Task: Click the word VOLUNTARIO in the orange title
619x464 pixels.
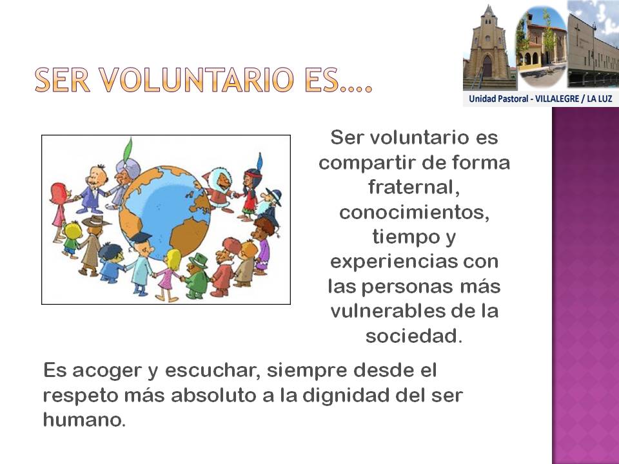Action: point(196,80)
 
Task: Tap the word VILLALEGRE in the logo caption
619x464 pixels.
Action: point(556,99)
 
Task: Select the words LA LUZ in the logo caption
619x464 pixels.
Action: point(600,99)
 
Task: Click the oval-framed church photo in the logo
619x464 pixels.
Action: point(541,46)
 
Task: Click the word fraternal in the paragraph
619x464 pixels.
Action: point(414,187)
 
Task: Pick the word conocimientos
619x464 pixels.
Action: point(414,212)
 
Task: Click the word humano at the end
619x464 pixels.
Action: point(84,420)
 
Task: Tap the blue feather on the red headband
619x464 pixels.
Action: point(259,161)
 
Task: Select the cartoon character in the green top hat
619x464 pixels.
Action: point(196,276)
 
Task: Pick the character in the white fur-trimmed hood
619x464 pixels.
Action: point(219,189)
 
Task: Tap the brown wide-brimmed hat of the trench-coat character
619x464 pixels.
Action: point(94,221)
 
